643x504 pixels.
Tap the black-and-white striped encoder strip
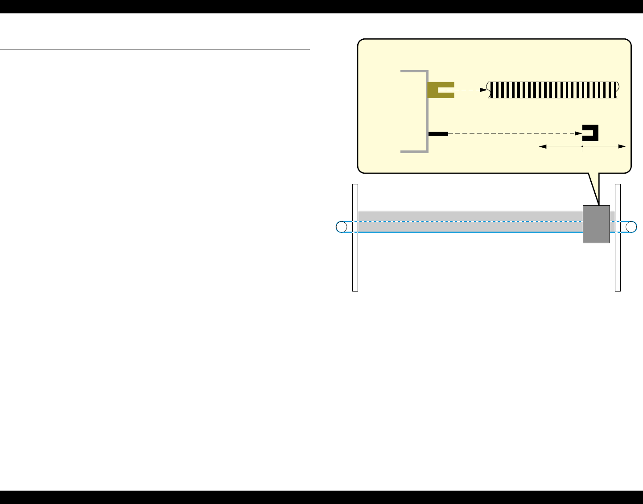click(x=553, y=90)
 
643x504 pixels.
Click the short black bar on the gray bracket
click(x=438, y=133)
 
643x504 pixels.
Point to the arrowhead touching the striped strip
click(x=483, y=90)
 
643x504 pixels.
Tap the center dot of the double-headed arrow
click(x=582, y=146)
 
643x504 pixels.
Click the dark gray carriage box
click(x=596, y=224)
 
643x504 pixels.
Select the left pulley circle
click(x=342, y=227)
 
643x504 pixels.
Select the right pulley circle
click(x=631, y=227)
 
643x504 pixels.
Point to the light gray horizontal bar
click(x=468, y=216)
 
